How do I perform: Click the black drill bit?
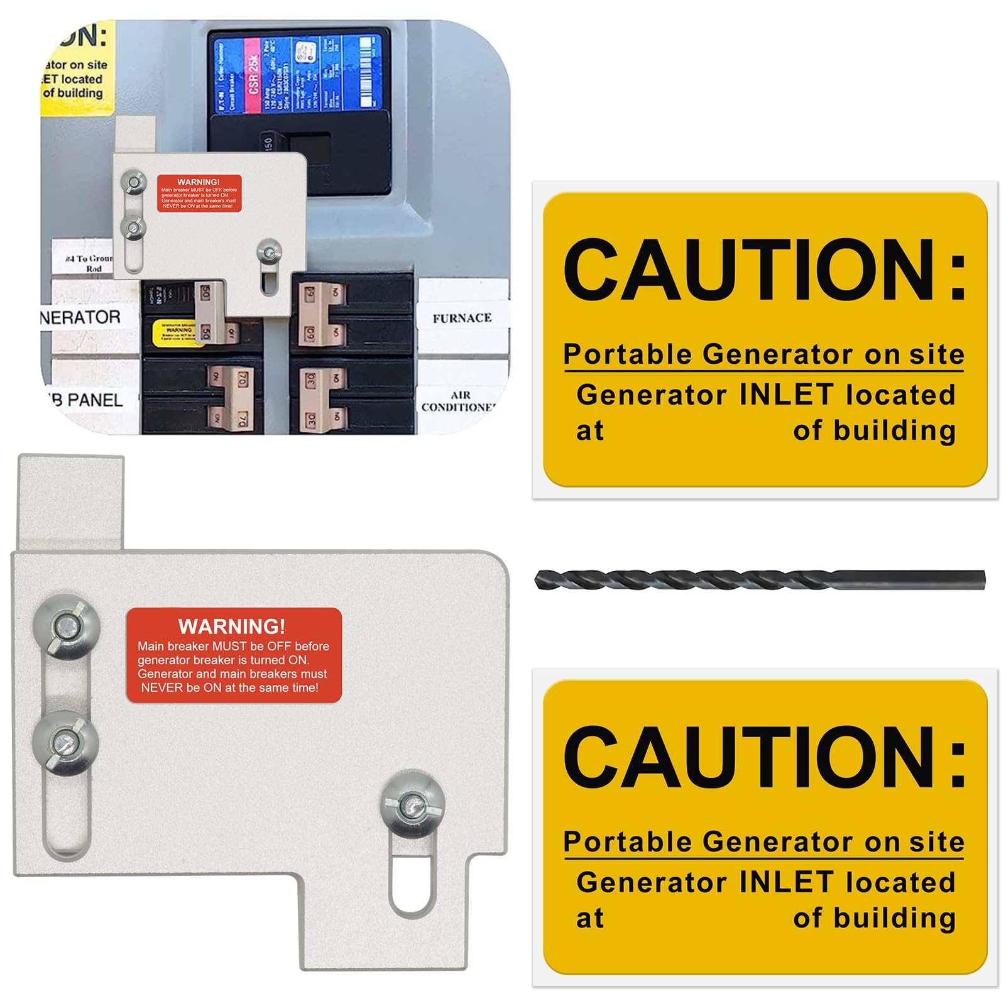click(759, 579)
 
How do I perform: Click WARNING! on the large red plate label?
click(231, 626)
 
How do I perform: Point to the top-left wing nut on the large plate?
click(67, 626)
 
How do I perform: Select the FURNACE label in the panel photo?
click(462, 318)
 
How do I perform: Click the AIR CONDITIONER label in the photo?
click(459, 401)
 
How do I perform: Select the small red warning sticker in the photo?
click(199, 193)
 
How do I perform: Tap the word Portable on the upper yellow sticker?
click(628, 354)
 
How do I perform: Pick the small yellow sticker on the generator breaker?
click(178, 332)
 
